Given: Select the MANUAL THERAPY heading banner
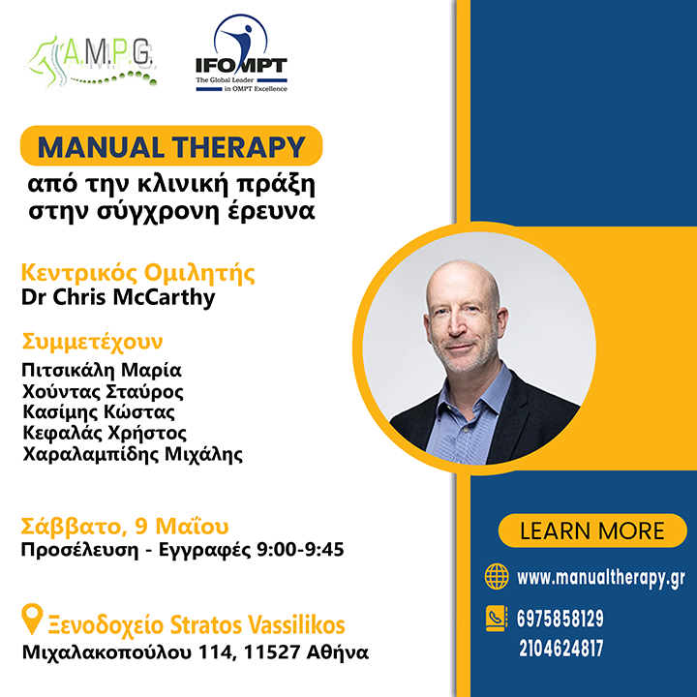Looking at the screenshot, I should pos(170,147).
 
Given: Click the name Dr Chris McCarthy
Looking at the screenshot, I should pos(118,296).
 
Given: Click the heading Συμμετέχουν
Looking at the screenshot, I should pos(92,342).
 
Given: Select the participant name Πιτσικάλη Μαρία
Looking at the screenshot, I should pos(102,371).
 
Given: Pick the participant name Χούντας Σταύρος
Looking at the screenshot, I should pos(103,391).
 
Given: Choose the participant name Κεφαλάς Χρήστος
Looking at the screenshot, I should pos(104,433).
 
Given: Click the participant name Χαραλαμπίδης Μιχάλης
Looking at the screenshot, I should pos(132,453).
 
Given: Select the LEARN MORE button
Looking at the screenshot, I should pos(592,530).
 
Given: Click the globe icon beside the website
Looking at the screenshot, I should pos(497,577).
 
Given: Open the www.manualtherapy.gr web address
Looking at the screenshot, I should pos(601,578).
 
